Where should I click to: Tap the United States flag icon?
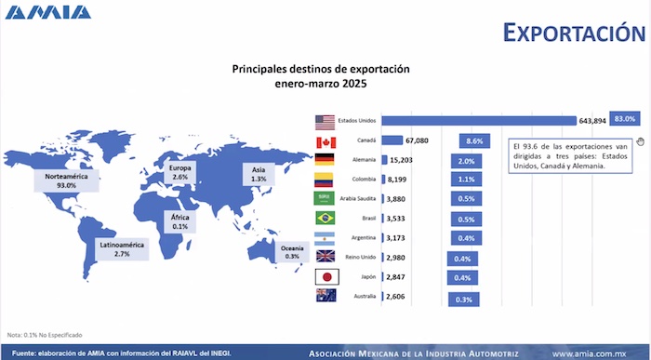point(324,121)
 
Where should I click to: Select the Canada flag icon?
point(325,141)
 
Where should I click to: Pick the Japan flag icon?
point(325,276)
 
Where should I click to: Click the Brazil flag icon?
point(325,218)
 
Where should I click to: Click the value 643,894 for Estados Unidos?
point(592,121)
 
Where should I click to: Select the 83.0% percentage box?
point(623,119)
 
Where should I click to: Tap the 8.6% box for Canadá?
point(474,141)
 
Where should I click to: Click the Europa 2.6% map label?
point(180,171)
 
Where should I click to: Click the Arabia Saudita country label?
point(356,198)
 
